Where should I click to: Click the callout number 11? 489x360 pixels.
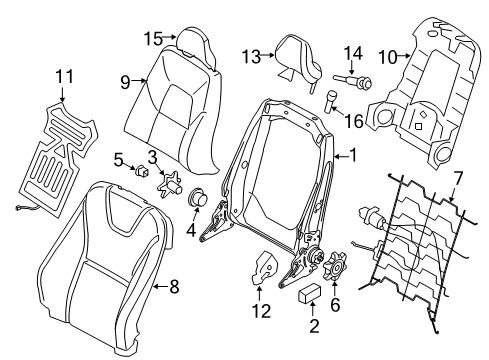click(x=65, y=75)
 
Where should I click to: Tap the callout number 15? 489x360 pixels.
click(x=151, y=38)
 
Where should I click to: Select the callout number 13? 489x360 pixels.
click(x=250, y=57)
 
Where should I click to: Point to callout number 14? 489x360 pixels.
click(x=353, y=52)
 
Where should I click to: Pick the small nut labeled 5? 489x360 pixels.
click(x=139, y=171)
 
